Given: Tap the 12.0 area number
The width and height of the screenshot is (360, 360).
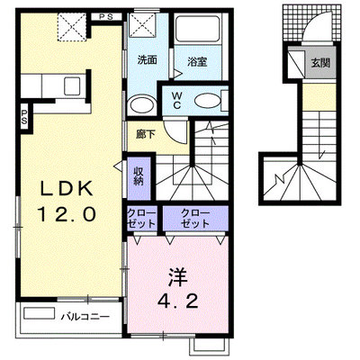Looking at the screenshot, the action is click(67, 214).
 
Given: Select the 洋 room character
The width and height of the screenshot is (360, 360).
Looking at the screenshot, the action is click(177, 276).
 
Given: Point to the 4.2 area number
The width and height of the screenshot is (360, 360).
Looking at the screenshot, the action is click(178, 301).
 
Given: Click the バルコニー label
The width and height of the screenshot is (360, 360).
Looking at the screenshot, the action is click(85, 317).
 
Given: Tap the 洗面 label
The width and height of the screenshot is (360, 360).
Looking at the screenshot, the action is click(148, 60).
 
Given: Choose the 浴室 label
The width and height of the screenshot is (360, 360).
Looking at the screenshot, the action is click(197, 62).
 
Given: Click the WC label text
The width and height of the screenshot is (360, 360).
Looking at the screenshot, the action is click(176, 100).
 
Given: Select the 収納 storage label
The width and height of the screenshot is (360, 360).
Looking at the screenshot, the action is click(139, 175).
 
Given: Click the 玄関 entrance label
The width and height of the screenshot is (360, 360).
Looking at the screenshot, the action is click(320, 63).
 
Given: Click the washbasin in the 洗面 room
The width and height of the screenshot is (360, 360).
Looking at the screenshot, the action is click(142, 104).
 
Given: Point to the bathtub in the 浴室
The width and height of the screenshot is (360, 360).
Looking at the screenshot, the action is click(198, 29).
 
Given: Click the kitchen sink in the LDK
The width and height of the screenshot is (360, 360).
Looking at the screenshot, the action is click(72, 85).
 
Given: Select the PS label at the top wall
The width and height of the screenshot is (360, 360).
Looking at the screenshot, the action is click(106, 17).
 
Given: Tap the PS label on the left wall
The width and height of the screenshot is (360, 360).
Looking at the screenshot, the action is click(24, 117).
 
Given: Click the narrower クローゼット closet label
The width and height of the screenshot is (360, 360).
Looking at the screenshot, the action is click(142, 219).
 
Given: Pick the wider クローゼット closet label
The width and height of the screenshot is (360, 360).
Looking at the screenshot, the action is click(195, 219).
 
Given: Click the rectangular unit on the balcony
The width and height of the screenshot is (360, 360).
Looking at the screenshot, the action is click(40, 313).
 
